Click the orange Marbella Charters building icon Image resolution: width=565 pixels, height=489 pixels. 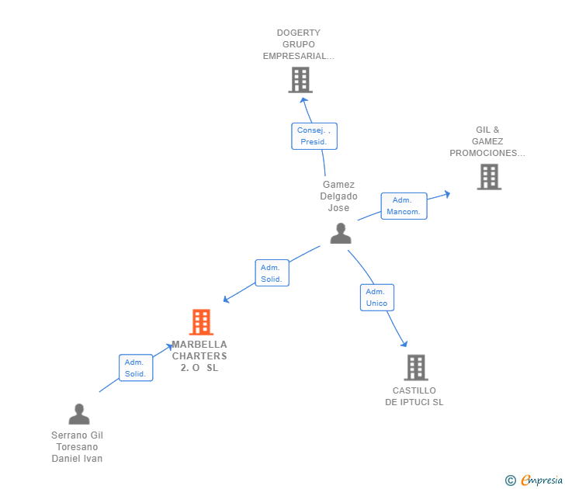(201, 321)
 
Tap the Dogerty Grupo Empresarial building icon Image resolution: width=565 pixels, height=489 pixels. (300, 79)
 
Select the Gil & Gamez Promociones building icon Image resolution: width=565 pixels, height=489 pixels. (488, 177)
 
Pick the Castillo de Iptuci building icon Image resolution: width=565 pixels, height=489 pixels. (416, 367)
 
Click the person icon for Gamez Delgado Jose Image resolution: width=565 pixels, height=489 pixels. (340, 233)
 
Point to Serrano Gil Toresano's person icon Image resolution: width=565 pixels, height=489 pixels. (78, 414)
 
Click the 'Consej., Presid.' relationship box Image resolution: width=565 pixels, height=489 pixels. (314, 137)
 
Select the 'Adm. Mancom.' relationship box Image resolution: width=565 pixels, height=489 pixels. (404, 206)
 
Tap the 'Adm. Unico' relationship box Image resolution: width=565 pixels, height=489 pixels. (376, 297)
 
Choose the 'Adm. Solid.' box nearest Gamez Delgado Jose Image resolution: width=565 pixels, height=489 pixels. (272, 273)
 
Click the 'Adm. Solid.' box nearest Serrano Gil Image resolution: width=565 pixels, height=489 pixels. (135, 368)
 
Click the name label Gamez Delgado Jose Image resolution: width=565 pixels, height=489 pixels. (338, 196)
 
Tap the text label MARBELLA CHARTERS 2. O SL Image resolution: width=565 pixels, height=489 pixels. (199, 356)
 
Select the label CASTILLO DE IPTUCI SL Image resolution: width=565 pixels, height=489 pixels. (414, 397)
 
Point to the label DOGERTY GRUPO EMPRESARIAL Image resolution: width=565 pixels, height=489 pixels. (299, 44)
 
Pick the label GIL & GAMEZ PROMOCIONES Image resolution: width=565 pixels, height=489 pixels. (487, 142)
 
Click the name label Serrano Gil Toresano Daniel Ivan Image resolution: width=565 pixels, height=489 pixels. (77, 447)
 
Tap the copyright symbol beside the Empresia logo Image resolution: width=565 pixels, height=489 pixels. (510, 480)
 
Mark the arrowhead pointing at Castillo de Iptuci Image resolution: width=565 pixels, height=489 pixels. (404, 343)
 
